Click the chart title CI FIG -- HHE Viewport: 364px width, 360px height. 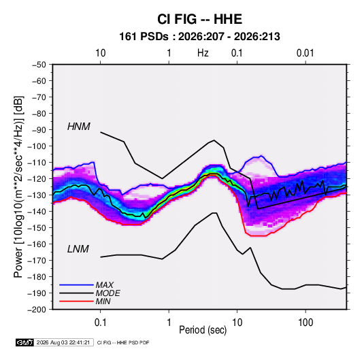[199, 19]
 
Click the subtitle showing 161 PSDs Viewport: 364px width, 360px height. [199, 37]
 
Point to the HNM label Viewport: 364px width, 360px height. [79, 127]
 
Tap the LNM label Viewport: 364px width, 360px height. [78, 249]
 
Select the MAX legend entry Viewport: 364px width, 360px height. [105, 285]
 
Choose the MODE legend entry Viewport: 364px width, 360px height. [107, 293]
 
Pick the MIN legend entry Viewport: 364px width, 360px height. [103, 301]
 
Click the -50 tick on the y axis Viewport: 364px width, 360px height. [39, 65]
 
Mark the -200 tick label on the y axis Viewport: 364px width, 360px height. [37, 310]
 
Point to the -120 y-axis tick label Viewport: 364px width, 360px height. [37, 178]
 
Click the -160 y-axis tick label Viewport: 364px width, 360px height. [37, 244]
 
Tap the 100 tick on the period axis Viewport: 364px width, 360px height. [305, 322]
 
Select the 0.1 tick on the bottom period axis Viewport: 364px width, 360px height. [100, 322]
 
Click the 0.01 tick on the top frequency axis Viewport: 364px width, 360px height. [305, 53]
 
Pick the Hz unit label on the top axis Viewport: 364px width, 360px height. [203, 53]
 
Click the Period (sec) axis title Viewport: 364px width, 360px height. [203, 330]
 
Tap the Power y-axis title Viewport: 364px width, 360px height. [18, 187]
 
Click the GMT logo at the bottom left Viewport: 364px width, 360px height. [24, 342]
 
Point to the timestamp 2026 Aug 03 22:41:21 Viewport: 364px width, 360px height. [63, 342]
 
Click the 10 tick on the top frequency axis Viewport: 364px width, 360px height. [100, 53]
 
